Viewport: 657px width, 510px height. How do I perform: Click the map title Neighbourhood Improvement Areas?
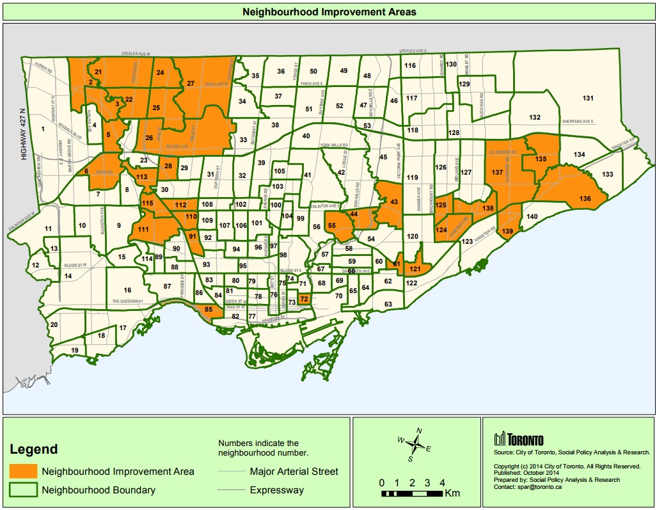tap(329, 12)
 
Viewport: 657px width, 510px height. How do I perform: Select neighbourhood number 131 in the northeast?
tap(588, 98)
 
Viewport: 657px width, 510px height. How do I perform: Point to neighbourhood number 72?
tap(305, 299)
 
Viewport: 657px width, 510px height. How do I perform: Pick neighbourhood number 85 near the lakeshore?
tap(208, 310)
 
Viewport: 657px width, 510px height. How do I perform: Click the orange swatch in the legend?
tap(22, 472)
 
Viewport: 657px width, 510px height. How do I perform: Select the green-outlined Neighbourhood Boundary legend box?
tap(22, 491)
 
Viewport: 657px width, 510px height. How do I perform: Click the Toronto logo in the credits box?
tap(519, 440)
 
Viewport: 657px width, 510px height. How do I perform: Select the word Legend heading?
tap(33, 449)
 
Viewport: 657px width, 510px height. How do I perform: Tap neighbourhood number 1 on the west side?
tap(43, 129)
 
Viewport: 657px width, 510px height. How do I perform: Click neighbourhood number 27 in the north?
tap(191, 83)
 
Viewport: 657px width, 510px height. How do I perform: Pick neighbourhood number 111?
tap(143, 230)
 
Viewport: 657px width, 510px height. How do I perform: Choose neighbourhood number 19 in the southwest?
tap(75, 350)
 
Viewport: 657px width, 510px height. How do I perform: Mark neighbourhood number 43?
tap(394, 202)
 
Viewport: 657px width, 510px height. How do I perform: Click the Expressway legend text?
tap(277, 491)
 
